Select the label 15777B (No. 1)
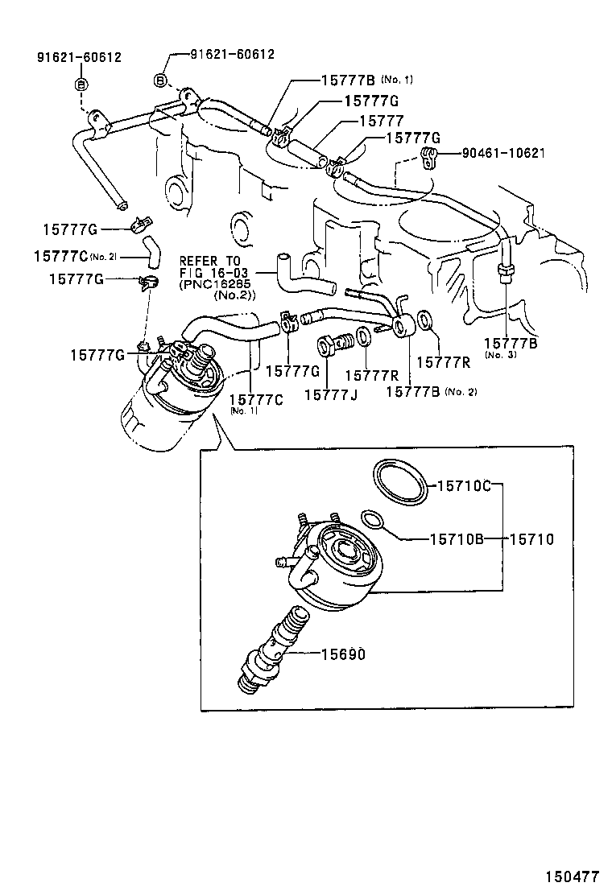click(x=367, y=80)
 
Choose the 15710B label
click(x=455, y=539)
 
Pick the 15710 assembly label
click(x=531, y=539)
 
